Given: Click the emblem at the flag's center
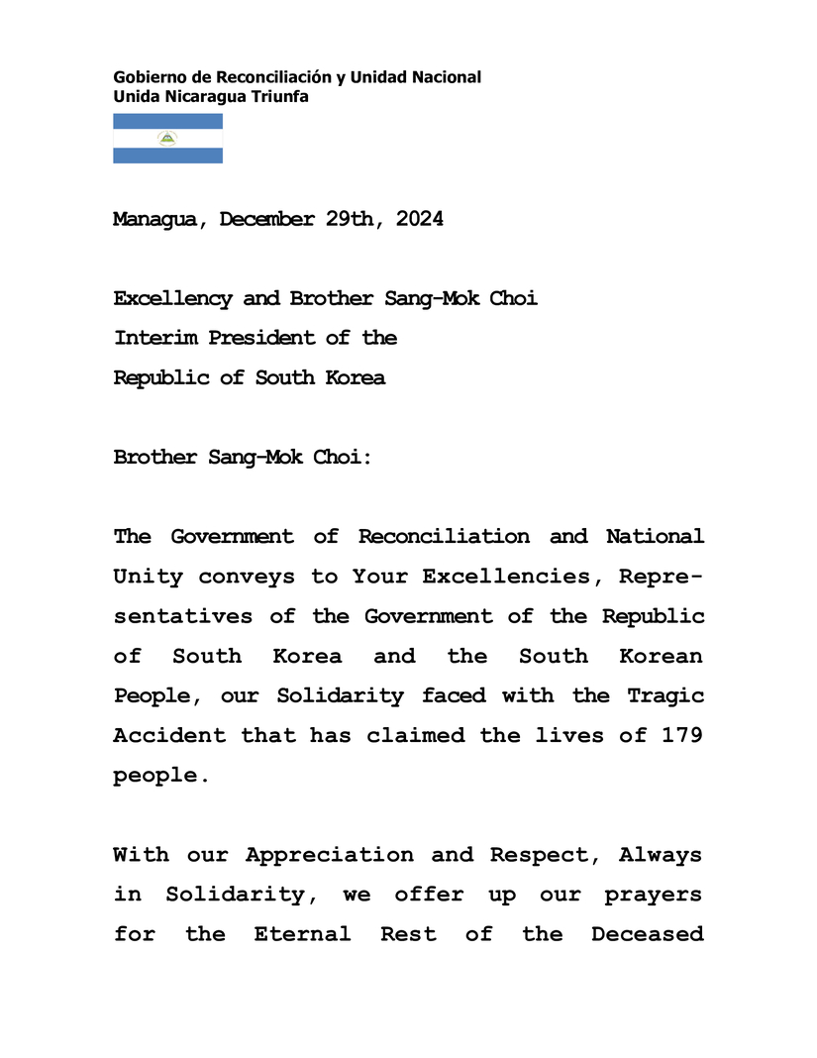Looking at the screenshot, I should (167, 139).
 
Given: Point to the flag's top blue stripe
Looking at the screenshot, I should (167, 121).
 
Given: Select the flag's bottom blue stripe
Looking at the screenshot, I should (167, 156).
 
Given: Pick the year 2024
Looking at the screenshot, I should (419, 220).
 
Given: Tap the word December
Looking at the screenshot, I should (266, 220).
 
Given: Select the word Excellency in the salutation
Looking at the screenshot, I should (172, 299).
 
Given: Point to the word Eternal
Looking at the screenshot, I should (302, 934).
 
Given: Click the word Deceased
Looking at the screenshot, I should (648, 934).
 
